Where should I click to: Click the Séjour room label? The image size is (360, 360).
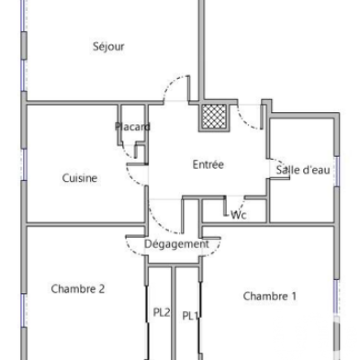108,47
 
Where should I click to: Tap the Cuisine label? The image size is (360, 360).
80,178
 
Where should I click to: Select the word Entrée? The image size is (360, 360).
208,165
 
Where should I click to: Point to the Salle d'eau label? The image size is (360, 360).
302,170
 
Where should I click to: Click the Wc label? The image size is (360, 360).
239,215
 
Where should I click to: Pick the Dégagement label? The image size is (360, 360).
176,244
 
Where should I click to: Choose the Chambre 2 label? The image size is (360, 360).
78,288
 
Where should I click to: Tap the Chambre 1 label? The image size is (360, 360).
270,296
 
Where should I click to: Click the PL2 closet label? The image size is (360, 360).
162,312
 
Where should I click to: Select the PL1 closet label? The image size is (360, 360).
190,316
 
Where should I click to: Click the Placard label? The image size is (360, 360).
133,127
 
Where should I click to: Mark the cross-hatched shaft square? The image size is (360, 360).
213,115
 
